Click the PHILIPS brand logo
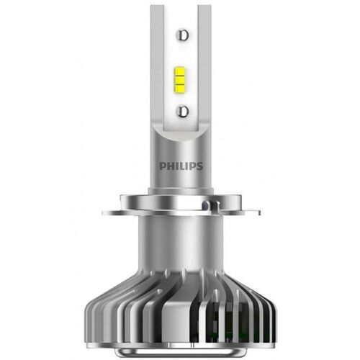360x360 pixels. [180, 165]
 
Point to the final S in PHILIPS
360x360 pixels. [200, 165]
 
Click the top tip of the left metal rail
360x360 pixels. [158, 9]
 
